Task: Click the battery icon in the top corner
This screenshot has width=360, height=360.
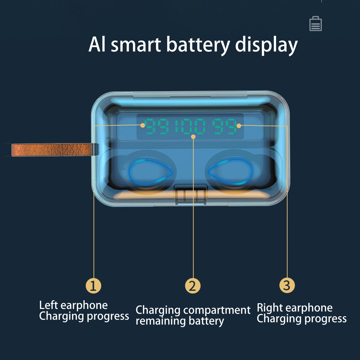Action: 315,24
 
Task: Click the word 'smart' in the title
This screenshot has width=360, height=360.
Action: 136,45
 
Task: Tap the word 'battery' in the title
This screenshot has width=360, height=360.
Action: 198,45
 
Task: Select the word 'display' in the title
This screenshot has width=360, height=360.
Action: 266,45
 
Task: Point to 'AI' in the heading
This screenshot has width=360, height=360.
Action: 97,44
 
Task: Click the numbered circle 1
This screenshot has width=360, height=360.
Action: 93,286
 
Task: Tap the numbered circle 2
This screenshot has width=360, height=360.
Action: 193,286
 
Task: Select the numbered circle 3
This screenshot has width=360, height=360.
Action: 287,285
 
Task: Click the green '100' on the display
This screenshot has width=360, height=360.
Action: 189,126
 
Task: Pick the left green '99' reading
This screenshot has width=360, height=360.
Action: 158,126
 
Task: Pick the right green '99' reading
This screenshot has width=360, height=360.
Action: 224,126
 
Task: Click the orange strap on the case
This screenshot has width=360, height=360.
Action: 52,150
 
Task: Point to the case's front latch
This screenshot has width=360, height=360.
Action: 191,194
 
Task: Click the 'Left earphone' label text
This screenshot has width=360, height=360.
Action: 73,306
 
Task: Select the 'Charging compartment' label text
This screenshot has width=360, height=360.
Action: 193,310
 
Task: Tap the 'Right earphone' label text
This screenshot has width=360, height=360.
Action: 295,308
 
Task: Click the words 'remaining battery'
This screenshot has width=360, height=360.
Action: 180,321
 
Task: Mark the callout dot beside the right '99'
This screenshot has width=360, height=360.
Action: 239,126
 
